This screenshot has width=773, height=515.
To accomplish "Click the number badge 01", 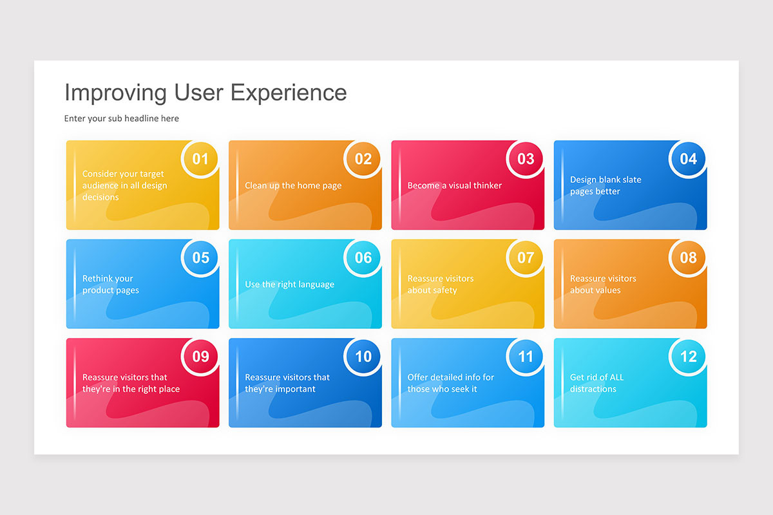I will (200, 159).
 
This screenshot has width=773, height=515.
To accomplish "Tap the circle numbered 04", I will (688, 159).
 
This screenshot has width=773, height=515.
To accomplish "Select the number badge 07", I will (526, 257).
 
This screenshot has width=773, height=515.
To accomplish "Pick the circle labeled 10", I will (363, 357).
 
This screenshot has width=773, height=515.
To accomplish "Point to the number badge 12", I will (688, 357).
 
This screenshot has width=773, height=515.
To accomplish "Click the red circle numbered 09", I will (200, 357).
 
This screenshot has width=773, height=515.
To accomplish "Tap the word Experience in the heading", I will (289, 93).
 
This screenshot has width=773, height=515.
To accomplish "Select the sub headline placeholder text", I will (122, 118).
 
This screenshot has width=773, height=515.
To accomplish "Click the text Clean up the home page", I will (293, 185).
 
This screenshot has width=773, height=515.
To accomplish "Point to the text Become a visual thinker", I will (454, 185).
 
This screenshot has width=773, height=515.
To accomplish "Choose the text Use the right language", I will (289, 285).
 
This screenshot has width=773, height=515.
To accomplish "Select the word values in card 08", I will (604, 290).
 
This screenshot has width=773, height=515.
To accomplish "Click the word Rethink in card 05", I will (99, 279).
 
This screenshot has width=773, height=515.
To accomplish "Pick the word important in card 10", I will (294, 389).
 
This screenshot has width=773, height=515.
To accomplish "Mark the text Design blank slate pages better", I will (606, 185).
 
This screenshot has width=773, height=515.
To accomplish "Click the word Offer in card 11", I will (419, 377).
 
